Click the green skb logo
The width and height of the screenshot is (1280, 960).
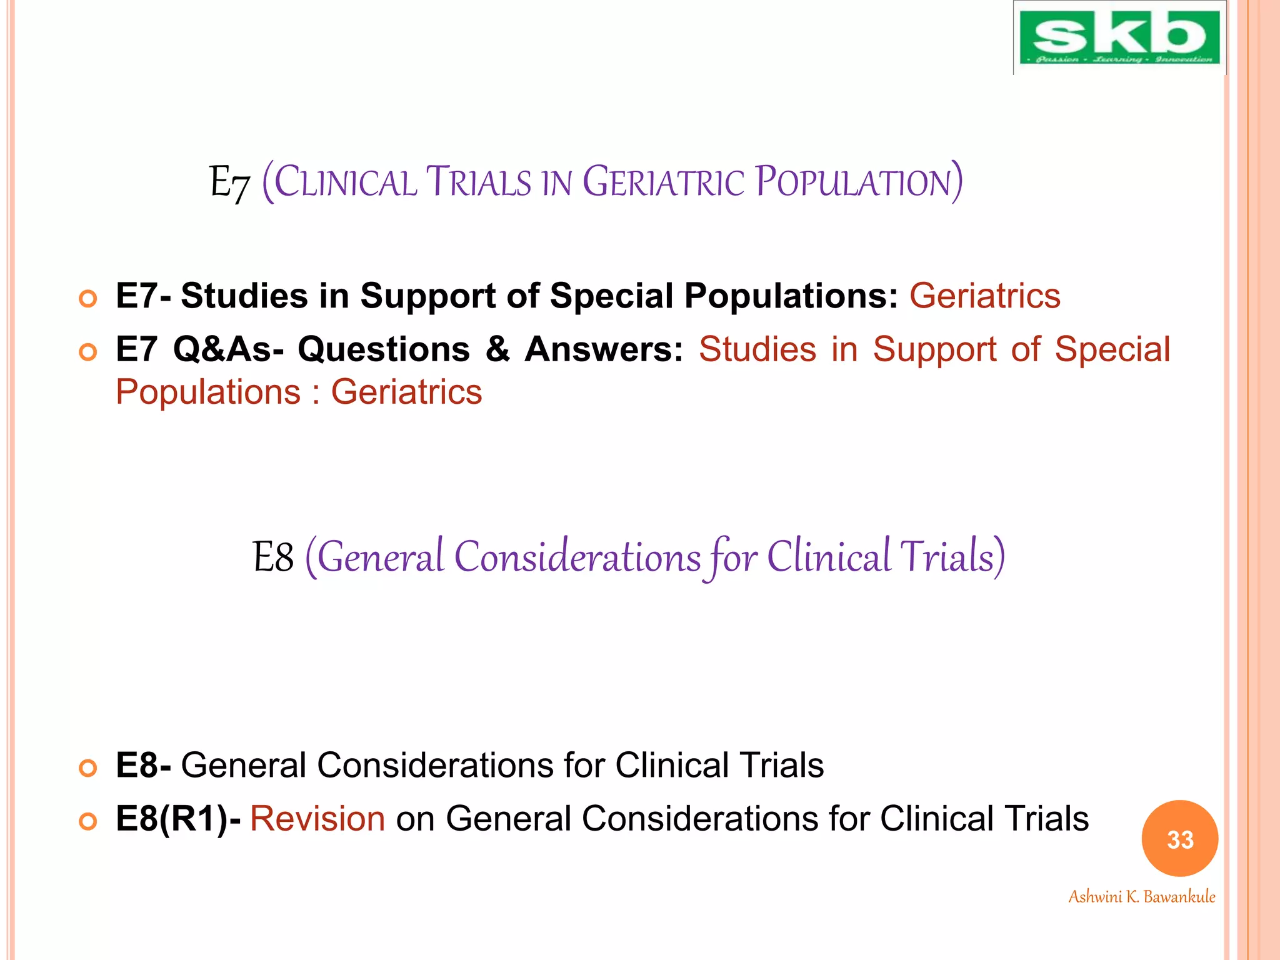pyautogui.click(x=1119, y=37)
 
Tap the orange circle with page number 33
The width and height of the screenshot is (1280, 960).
pyautogui.click(x=1179, y=839)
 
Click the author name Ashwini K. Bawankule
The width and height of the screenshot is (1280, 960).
pyautogui.click(x=1141, y=897)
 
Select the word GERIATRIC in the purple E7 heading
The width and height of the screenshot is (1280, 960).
pyautogui.click(x=663, y=182)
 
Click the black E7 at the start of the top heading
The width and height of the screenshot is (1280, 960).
pyautogui.click(x=229, y=182)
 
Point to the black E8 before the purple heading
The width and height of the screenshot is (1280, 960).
pyautogui.click(x=272, y=557)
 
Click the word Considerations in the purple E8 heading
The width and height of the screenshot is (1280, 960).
pyautogui.click(x=577, y=557)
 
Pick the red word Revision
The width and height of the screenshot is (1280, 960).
pyautogui.click(x=317, y=818)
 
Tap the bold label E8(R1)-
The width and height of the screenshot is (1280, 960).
pyautogui.click(x=178, y=818)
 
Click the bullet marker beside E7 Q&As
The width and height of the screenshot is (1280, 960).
pyautogui.click(x=88, y=353)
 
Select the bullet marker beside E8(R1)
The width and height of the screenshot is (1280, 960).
pyautogui.click(x=88, y=821)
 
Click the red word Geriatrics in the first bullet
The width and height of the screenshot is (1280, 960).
pyautogui.click(x=984, y=296)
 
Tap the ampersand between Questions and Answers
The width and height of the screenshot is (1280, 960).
pyautogui.click(x=497, y=349)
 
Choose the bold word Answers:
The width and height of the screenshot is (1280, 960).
pyautogui.click(x=604, y=349)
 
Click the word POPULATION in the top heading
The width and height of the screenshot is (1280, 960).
pyautogui.click(x=857, y=182)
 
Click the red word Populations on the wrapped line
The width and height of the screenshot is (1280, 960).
pyautogui.click(x=208, y=392)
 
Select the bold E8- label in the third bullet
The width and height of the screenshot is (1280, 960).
pyautogui.click(x=143, y=765)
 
